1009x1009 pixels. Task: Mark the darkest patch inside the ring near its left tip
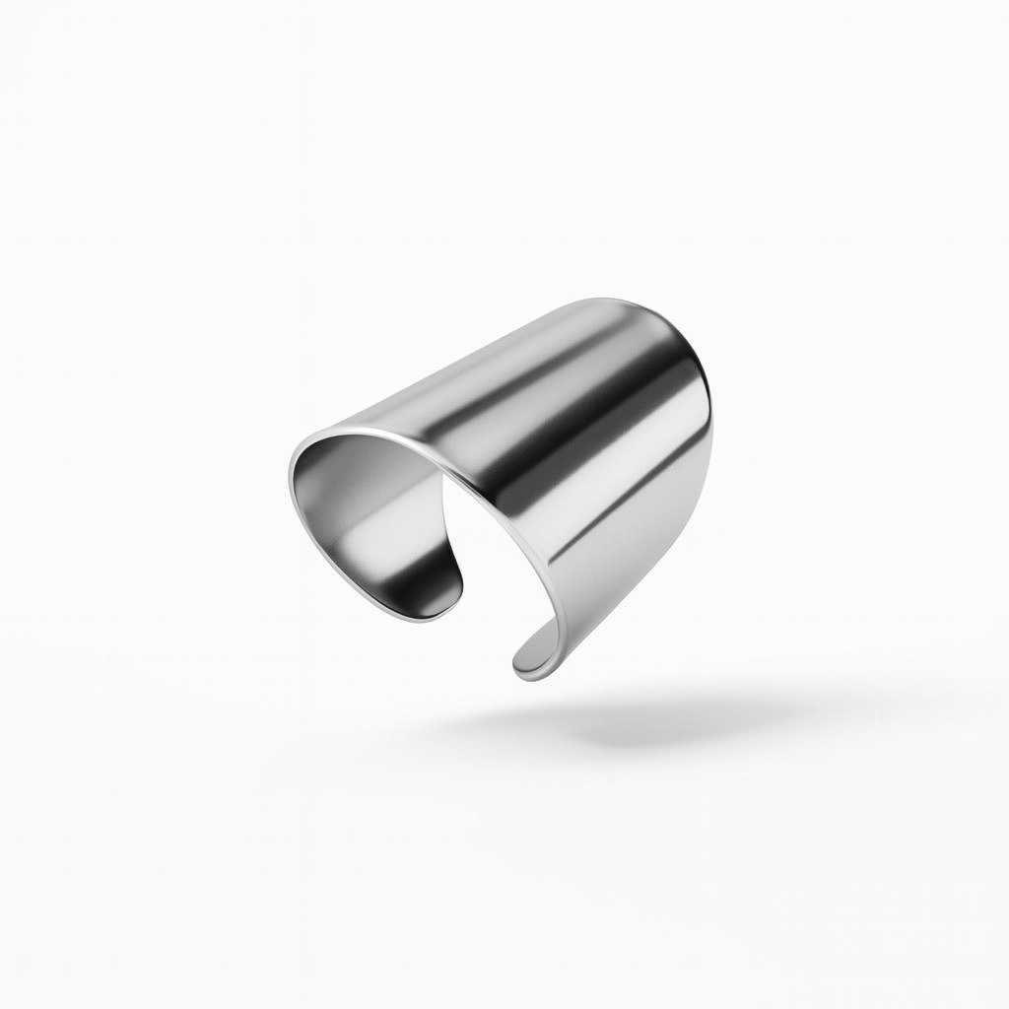pos(434,581)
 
